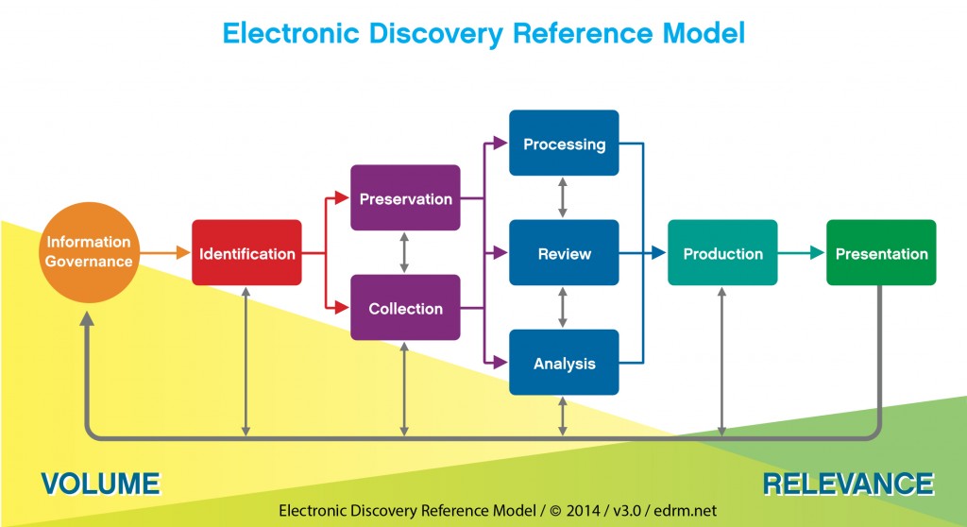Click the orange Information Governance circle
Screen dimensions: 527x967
[90, 252]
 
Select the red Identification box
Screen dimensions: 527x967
[246, 253]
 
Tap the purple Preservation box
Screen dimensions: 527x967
[405, 198]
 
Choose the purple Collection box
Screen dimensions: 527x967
[405, 308]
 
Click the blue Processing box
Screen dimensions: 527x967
[564, 144]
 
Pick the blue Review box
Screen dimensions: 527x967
[564, 253]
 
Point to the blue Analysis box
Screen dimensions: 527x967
[564, 363]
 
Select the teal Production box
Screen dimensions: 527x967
[722, 253]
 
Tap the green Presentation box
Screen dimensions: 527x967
[881, 253]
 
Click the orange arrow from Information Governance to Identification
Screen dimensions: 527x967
[167, 253]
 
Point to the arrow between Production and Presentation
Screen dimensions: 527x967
[802, 253]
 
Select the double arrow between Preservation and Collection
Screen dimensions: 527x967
[405, 252]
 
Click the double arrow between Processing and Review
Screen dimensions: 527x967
[564, 197]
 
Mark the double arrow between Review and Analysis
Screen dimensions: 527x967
[564, 307]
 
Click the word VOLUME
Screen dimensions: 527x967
[100, 484]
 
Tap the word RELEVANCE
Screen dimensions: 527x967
[848, 484]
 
